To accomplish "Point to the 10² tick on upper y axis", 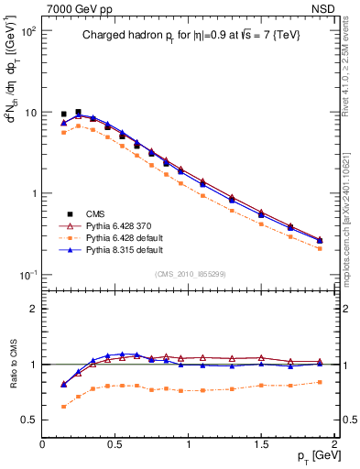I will click(27, 31).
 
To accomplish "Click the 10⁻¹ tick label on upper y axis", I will click(27, 275).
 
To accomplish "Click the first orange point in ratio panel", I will click(63, 406).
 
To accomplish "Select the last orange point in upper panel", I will click(320, 248).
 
